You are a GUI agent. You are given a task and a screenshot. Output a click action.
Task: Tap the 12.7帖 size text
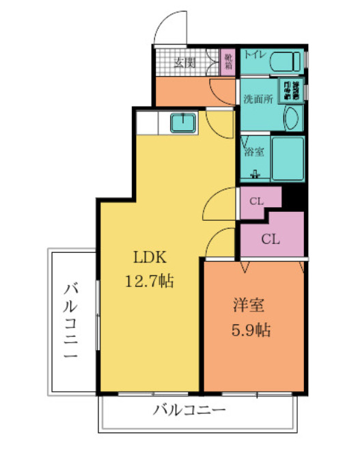tap(149, 281)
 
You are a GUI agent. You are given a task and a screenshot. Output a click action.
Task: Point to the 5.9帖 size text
tap(249, 331)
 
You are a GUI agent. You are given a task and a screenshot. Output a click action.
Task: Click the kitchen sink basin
tap(183, 123)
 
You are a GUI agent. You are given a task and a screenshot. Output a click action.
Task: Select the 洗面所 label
tap(258, 98)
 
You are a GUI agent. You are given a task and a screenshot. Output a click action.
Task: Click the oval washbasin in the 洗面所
tap(292, 119)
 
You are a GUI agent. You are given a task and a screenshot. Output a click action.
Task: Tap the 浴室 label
tap(254, 151)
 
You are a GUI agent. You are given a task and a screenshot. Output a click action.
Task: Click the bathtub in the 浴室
tap(287, 157)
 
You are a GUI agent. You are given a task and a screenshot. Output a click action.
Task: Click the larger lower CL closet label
tap(271, 239)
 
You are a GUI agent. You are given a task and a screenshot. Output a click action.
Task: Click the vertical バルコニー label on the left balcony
tap(72, 321)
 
